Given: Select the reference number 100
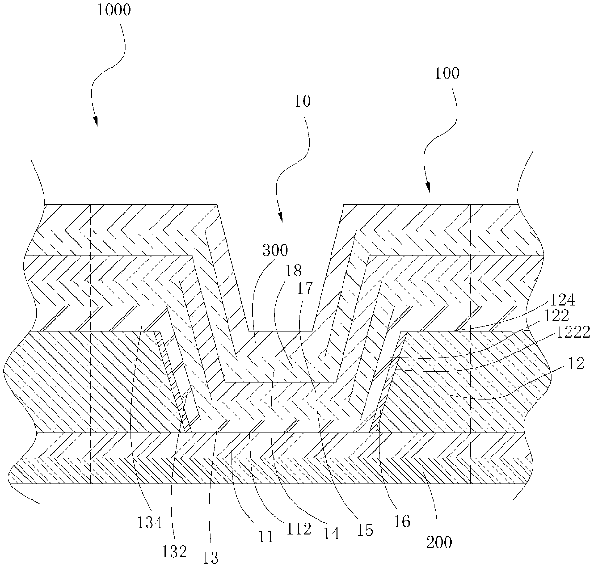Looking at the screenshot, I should pos(447,73).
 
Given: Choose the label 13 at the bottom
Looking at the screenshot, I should pos(211,557).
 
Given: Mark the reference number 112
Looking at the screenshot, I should pos(302,528).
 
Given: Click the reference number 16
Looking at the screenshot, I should pos(402,521).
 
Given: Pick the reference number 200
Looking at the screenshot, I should pos(438,542).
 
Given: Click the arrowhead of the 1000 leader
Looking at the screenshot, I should pos(96,125).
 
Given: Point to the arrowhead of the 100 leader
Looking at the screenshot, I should pos(428,191).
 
